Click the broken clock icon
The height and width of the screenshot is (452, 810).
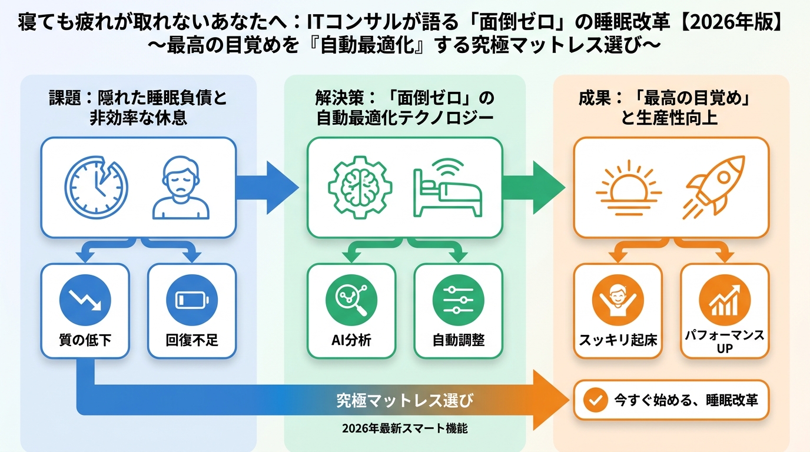coord(96,187)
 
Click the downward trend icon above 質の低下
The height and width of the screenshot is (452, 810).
coord(85,298)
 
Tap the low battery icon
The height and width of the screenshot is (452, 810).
coord(191,298)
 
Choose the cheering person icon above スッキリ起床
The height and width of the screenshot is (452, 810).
coord(618,298)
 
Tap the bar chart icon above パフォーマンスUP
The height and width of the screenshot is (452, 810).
coord(725,298)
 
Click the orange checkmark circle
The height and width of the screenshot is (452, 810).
coord(595,400)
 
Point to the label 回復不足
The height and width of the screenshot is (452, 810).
coord(191,340)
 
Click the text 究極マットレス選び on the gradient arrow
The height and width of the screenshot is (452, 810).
coord(404,401)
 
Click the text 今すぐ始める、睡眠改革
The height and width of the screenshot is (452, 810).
coord(686,400)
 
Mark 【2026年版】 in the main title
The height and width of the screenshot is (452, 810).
coord(736,24)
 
